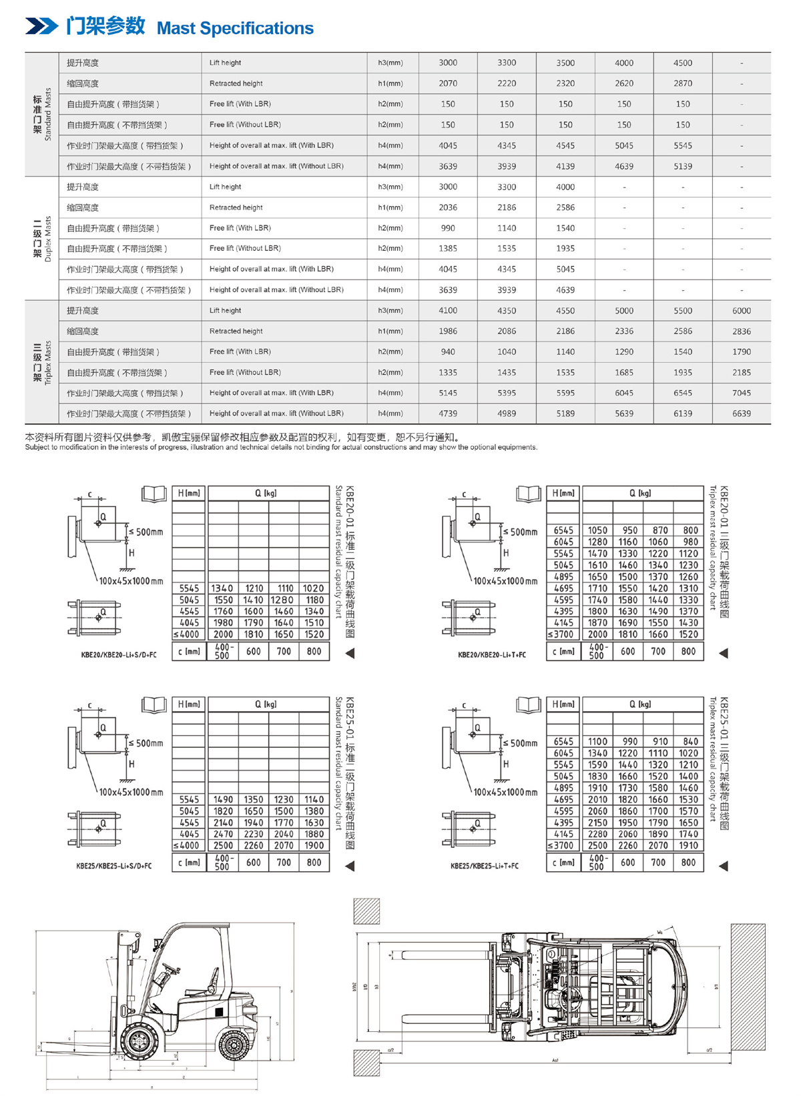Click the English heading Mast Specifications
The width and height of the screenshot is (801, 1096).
coord(235,28)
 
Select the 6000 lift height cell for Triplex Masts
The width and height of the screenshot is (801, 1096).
coord(741,311)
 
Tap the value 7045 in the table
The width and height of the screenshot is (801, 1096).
coord(741,393)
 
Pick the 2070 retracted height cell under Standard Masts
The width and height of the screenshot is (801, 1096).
coord(448,83)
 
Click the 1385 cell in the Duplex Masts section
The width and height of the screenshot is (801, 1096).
coord(448,248)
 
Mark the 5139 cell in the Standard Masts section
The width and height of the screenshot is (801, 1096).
coord(682,166)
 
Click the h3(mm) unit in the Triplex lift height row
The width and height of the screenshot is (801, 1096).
coord(390,311)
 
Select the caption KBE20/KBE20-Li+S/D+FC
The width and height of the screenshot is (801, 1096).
coord(119,655)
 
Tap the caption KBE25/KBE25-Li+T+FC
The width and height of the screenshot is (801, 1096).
coord(484,866)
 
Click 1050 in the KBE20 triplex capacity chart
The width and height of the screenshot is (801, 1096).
coord(597,530)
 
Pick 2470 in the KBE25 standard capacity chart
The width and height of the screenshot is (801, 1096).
coord(223,834)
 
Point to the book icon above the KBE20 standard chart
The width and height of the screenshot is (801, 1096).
coord(154,494)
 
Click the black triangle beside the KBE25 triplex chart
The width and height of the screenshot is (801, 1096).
coord(723,866)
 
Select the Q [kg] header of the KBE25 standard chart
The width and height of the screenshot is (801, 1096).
coord(266,704)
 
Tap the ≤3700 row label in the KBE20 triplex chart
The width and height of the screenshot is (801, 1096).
coord(561,634)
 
